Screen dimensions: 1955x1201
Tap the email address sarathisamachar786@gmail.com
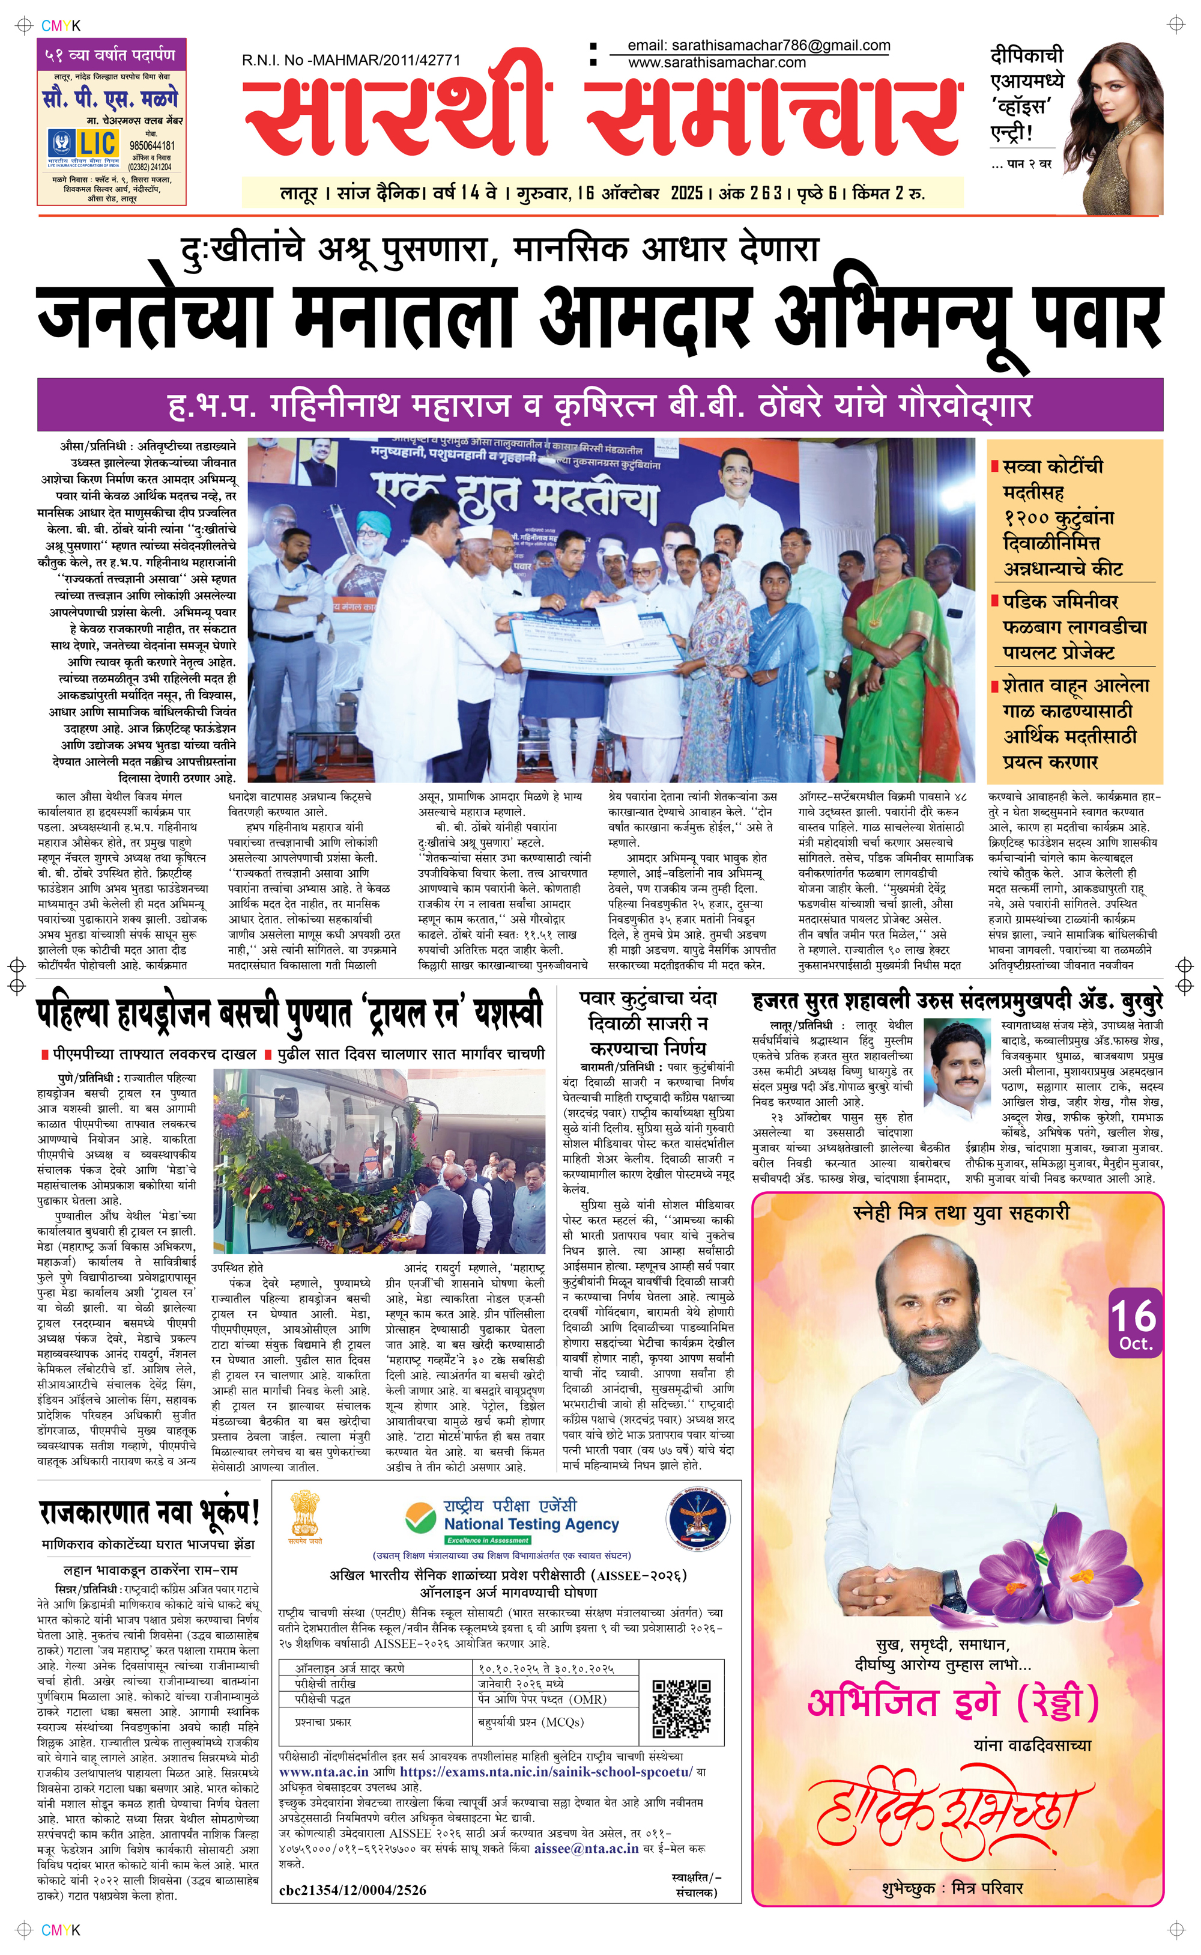[758, 46]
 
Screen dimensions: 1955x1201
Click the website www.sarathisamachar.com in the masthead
[716, 63]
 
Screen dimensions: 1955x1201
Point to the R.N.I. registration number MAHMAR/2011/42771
[351, 59]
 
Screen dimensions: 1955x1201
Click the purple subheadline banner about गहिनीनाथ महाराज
[600, 404]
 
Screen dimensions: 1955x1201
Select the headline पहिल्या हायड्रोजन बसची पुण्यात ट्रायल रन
[290, 1015]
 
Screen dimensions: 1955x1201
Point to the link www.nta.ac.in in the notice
[323, 1772]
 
